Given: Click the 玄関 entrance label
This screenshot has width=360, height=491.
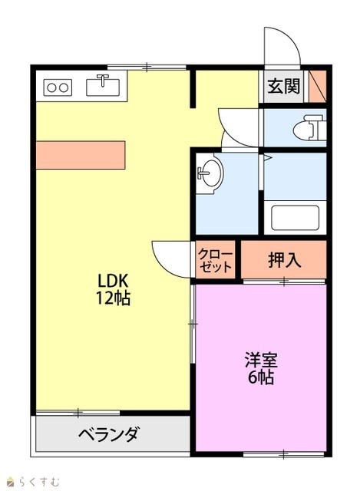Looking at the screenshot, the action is pos(283,86).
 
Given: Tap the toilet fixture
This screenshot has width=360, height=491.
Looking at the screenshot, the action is pos(308,127).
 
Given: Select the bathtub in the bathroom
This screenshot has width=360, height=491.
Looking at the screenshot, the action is pos(295,218).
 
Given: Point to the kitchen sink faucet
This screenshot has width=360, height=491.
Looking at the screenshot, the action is pos(102,80).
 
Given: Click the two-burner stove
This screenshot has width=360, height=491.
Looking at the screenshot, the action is pos(58,87).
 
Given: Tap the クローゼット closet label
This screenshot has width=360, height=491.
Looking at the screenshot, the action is pos(215,260).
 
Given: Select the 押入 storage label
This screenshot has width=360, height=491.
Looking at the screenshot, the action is pos(284,259).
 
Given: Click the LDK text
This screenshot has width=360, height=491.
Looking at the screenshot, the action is pos(113,281).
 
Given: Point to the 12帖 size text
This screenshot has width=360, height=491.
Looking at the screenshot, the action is pos(113,298).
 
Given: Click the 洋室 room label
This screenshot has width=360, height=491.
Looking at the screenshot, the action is pos(261,360).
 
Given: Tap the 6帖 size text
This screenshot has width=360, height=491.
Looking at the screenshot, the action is pos(261,377).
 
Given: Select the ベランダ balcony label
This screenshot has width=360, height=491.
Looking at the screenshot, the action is pos(108,434).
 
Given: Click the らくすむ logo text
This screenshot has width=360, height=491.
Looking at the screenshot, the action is pos(38,481).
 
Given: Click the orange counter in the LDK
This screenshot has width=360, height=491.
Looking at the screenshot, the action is pos(81,155).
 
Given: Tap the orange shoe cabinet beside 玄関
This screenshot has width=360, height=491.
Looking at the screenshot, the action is pos(317,86).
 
